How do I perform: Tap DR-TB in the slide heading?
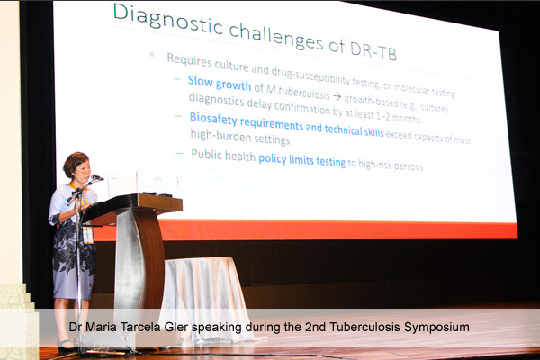coord(373,50)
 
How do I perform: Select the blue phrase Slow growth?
coord(220,83)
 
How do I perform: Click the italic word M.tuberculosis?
coord(298,92)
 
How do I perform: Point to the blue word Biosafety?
coord(213,118)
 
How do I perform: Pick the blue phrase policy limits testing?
coord(302,160)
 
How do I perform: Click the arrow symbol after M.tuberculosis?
coord(337,97)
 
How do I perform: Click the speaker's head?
coord(77,166)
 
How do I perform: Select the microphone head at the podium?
coord(96,177)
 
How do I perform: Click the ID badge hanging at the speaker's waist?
coord(88,235)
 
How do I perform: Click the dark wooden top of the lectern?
coord(132,207)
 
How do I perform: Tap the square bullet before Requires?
coord(151,54)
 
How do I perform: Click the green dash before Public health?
coord(179,153)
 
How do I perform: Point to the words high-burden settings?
coord(240,137)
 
